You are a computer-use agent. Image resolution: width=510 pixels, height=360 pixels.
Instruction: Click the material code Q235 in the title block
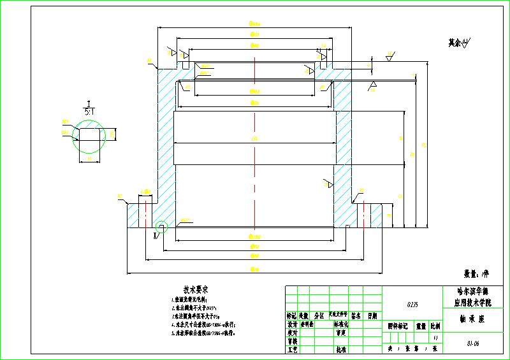[x=412, y=305]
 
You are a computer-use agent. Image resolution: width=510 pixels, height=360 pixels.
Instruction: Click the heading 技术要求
[x=197, y=289]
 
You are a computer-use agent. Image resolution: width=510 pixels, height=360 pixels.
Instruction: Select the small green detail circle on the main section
[x=161, y=227]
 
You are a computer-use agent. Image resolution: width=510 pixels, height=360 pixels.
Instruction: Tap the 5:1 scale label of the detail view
[x=90, y=111]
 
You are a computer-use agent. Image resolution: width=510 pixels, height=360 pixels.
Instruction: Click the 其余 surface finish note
[x=458, y=43]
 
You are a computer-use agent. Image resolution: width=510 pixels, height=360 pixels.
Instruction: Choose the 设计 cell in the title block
[x=292, y=324]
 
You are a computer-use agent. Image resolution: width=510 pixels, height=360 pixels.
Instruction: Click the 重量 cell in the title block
[x=421, y=325]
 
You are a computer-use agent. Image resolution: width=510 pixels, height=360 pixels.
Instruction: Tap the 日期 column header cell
[x=372, y=315]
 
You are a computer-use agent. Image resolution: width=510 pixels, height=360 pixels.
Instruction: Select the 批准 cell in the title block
[x=341, y=349]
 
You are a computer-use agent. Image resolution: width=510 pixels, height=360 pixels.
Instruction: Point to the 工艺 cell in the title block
[x=292, y=349]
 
